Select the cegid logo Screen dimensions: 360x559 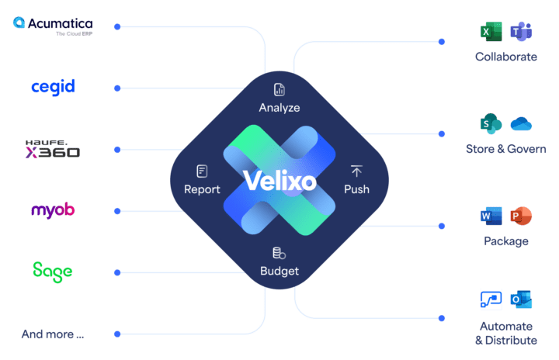(x=53, y=87)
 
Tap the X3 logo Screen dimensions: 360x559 (x=52, y=149)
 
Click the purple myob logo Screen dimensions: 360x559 (x=53, y=210)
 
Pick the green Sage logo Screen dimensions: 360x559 (x=52, y=271)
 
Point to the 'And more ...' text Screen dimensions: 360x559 (x=52, y=334)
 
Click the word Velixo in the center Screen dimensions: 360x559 (x=279, y=180)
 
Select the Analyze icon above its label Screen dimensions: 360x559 (x=279, y=90)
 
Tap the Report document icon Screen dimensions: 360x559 (x=202, y=171)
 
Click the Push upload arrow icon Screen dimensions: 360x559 (x=356, y=171)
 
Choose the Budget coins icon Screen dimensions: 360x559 (x=279, y=253)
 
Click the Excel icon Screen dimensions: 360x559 (x=489, y=32)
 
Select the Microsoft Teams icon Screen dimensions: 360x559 (x=521, y=32)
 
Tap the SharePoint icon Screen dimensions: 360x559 (x=489, y=124)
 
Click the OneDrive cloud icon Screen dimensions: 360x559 (x=521, y=124)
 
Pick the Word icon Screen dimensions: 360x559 (x=489, y=216)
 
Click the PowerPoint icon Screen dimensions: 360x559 (x=519, y=216)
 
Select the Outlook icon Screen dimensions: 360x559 (x=520, y=299)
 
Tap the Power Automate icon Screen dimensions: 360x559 (x=490, y=299)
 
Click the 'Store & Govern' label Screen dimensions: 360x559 (x=505, y=149)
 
